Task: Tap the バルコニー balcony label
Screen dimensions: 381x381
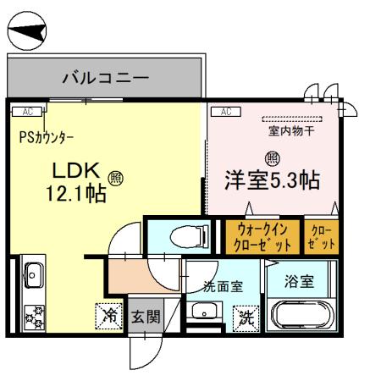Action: [107, 78]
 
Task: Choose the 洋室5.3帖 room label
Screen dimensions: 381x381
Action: [272, 180]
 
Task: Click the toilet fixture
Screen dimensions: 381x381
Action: [181, 234]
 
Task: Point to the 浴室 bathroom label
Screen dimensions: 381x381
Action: [300, 280]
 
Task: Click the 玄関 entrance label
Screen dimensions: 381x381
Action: [145, 317]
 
